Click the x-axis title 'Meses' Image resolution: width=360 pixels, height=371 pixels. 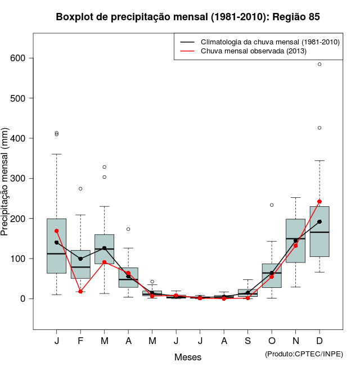188,357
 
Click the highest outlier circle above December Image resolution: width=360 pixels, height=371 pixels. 319,64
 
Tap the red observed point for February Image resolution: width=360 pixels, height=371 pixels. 80,291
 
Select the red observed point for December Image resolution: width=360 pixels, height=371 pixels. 319,201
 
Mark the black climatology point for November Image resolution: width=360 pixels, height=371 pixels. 295,241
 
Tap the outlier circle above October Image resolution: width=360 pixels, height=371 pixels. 272,205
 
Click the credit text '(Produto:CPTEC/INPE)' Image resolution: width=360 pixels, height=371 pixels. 304,354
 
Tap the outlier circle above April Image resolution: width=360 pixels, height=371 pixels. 128,229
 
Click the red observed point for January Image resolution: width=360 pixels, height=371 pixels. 57,231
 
